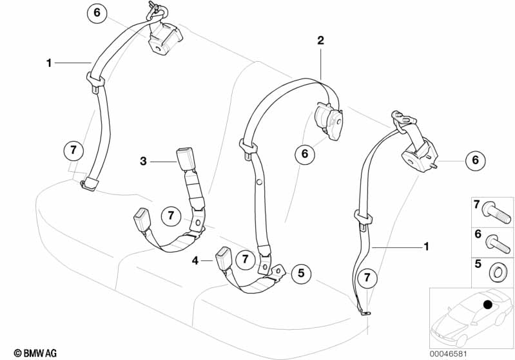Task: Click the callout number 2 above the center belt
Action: point(320,41)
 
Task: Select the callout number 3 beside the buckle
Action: point(144,160)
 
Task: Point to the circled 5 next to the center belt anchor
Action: point(300,274)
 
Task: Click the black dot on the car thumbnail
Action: point(487,304)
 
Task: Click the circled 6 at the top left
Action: point(97,12)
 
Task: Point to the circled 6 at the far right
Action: point(475,160)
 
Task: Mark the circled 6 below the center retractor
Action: point(304,154)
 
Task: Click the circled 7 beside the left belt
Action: point(73,151)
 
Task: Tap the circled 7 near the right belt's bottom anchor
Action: point(367,278)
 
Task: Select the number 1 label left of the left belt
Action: point(48,62)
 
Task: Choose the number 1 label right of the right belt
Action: point(425,246)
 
